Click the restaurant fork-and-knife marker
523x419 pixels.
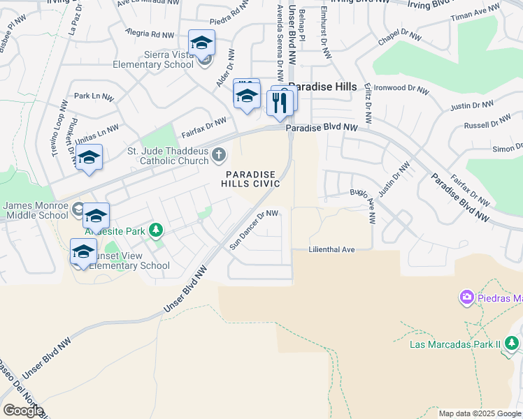(x=279, y=103)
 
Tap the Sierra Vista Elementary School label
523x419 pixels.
(x=159, y=59)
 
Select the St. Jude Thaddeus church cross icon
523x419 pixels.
(x=219, y=154)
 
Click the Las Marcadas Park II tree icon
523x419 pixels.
(x=512, y=343)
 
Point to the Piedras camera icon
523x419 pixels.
(x=466, y=299)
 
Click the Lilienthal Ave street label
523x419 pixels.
(x=332, y=249)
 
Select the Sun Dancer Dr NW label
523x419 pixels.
(x=254, y=230)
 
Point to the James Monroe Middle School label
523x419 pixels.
(x=36, y=210)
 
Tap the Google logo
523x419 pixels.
(x=22, y=411)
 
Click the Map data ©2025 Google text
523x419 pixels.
(x=480, y=413)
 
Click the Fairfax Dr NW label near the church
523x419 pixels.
(x=204, y=126)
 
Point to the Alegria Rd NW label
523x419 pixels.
(x=150, y=33)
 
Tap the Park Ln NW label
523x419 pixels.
(x=93, y=96)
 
